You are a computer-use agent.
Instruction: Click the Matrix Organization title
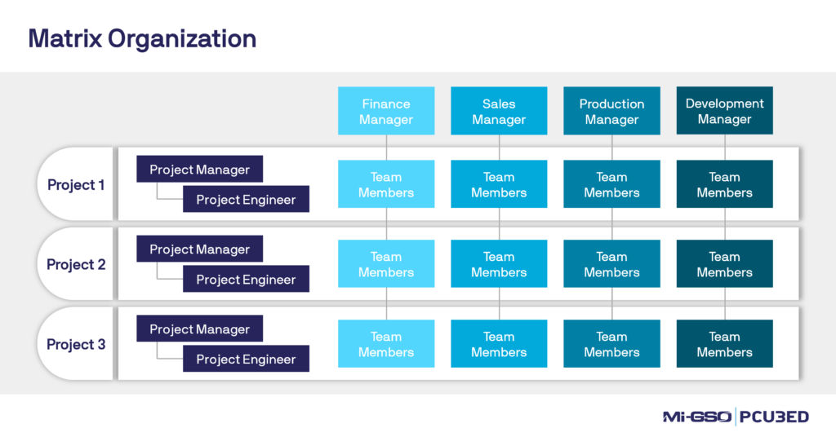(142, 38)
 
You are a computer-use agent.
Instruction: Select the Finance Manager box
(386, 111)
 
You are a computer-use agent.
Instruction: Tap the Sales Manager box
(499, 111)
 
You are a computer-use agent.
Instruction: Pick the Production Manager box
(611, 111)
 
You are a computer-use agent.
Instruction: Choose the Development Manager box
(724, 111)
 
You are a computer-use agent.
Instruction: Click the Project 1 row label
(76, 185)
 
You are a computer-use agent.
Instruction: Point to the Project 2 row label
(76, 265)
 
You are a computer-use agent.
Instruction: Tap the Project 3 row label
(76, 345)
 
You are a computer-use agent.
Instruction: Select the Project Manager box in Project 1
(199, 170)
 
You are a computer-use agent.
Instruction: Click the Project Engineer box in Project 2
(246, 280)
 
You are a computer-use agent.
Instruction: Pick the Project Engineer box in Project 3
(246, 360)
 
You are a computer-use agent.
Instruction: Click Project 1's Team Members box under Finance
(386, 184)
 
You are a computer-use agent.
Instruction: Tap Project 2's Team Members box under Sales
(499, 264)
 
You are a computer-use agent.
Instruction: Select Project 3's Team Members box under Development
(724, 344)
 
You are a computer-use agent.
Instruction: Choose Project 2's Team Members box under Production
(611, 264)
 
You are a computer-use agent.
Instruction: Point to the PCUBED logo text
(775, 417)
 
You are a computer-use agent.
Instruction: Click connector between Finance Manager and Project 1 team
(386, 148)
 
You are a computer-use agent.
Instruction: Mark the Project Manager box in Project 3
(199, 329)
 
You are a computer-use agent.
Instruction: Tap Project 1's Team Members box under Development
(724, 184)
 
